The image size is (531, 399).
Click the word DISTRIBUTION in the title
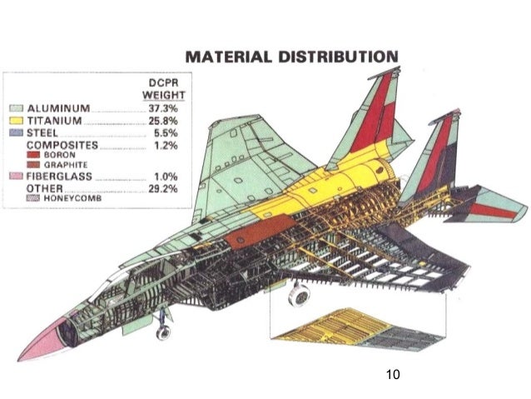340,57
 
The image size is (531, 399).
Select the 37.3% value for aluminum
163,109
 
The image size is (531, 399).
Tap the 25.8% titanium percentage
163,122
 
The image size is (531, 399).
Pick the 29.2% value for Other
163,189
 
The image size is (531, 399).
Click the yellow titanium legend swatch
16,122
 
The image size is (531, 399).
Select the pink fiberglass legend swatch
16,177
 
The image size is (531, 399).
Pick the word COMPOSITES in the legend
62,144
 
